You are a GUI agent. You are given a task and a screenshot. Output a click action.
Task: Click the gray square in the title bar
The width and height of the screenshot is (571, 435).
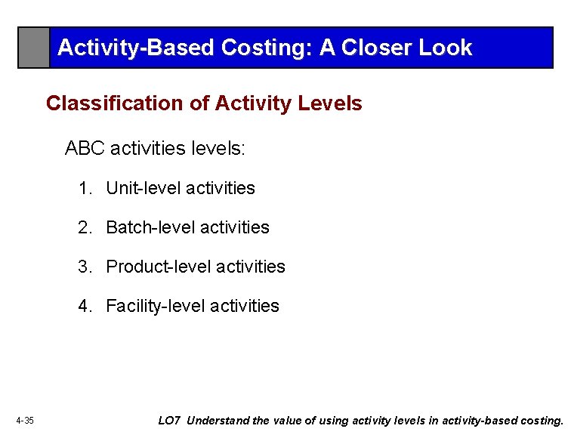coord(34,48)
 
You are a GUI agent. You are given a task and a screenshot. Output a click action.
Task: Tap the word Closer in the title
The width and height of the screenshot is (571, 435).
coord(376,48)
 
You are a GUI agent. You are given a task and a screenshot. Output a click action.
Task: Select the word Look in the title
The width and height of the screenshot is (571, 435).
coord(446,48)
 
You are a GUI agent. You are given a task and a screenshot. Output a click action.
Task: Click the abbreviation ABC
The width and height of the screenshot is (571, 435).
coord(85,148)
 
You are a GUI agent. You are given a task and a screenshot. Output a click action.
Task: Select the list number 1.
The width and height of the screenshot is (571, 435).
coord(85,188)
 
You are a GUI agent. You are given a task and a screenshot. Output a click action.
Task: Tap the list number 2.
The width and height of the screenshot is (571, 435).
coord(85,227)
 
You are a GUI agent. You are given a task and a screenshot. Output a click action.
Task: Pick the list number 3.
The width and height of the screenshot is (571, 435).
coord(85,267)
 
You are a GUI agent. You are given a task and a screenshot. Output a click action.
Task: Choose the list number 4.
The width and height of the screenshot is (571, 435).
coord(85,306)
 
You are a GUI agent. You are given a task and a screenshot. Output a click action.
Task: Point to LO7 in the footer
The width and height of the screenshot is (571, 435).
coord(169,421)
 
